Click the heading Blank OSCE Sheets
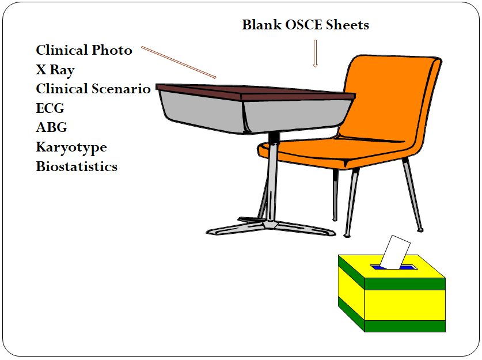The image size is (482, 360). click(x=305, y=25)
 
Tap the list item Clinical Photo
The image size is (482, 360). click(x=84, y=51)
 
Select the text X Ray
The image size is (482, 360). click(x=55, y=70)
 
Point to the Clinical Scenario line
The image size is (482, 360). click(x=93, y=89)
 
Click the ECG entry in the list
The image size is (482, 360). click(x=50, y=108)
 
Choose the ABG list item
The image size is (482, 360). click(x=51, y=127)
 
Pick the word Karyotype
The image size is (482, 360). click(x=71, y=147)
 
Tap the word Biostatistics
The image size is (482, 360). click(x=77, y=166)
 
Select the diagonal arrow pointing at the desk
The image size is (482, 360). click(x=179, y=62)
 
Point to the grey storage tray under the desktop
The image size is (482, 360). click(x=202, y=112)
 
